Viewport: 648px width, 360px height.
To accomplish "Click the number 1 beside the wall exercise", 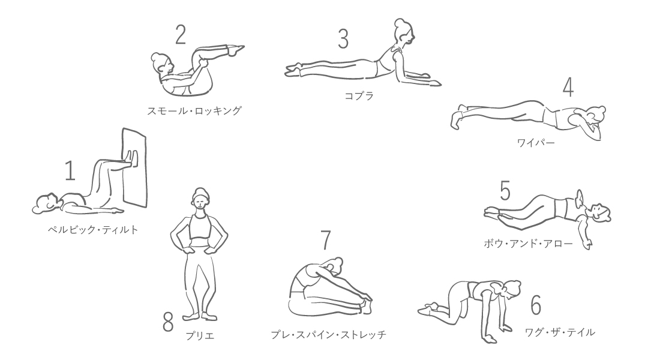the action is click(70, 171).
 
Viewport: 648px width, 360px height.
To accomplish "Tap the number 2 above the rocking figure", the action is click(181, 35).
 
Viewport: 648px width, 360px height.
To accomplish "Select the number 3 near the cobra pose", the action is click(343, 39).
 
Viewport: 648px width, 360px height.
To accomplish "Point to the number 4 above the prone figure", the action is click(568, 87).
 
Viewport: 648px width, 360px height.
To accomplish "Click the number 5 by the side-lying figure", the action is click(505, 190).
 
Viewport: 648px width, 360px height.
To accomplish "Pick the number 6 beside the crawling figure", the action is click(536, 305).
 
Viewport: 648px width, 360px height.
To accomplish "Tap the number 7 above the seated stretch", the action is click(326, 240).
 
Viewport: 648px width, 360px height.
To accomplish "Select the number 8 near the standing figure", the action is click(168, 322).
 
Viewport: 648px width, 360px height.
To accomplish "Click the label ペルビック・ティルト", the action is click(93, 230).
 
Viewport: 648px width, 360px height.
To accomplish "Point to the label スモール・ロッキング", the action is click(194, 111).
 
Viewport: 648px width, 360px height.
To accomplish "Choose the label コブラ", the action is click(359, 96).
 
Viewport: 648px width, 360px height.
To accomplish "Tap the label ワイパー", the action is click(536, 143).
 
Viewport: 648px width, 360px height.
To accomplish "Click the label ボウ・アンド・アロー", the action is click(529, 243).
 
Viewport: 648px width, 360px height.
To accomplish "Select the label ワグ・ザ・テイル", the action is click(560, 332).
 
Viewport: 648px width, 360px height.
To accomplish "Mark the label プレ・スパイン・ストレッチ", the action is click(329, 334).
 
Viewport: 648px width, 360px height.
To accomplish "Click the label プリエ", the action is click(200, 336).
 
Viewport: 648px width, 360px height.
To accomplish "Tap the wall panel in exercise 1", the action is click(134, 167).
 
